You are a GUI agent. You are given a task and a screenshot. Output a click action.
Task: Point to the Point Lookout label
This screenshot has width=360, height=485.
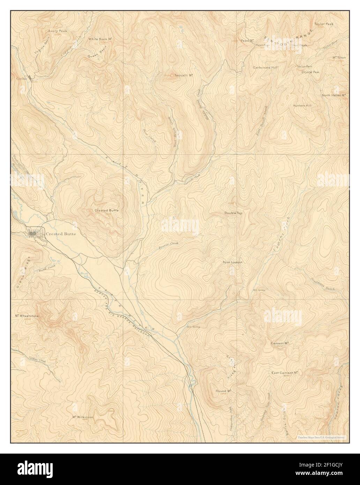click(x=232, y=262)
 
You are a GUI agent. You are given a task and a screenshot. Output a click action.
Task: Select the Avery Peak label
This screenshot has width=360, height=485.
click(x=58, y=31)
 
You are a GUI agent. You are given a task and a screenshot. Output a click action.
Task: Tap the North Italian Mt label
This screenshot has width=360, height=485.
click(x=333, y=95)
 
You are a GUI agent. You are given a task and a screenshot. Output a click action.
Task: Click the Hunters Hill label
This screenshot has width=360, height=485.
click(x=302, y=105)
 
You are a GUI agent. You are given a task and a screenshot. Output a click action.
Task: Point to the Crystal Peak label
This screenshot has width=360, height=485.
click(x=310, y=72)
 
